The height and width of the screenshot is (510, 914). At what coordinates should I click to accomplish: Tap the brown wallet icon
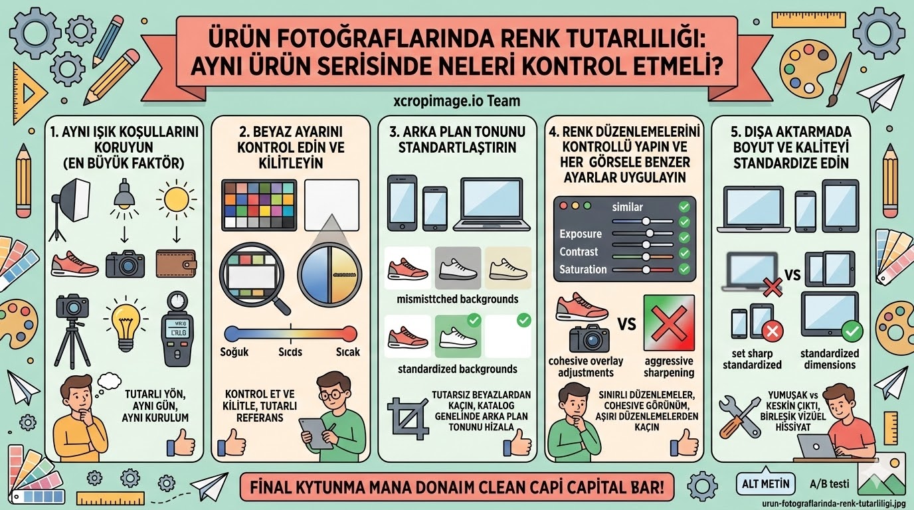175,263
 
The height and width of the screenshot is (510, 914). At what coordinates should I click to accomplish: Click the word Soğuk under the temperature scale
234,351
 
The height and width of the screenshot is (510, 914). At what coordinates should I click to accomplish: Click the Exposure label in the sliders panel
580,234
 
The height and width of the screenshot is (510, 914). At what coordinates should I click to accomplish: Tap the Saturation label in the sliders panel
583,269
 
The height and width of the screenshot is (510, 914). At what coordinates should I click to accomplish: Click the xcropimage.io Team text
456,102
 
